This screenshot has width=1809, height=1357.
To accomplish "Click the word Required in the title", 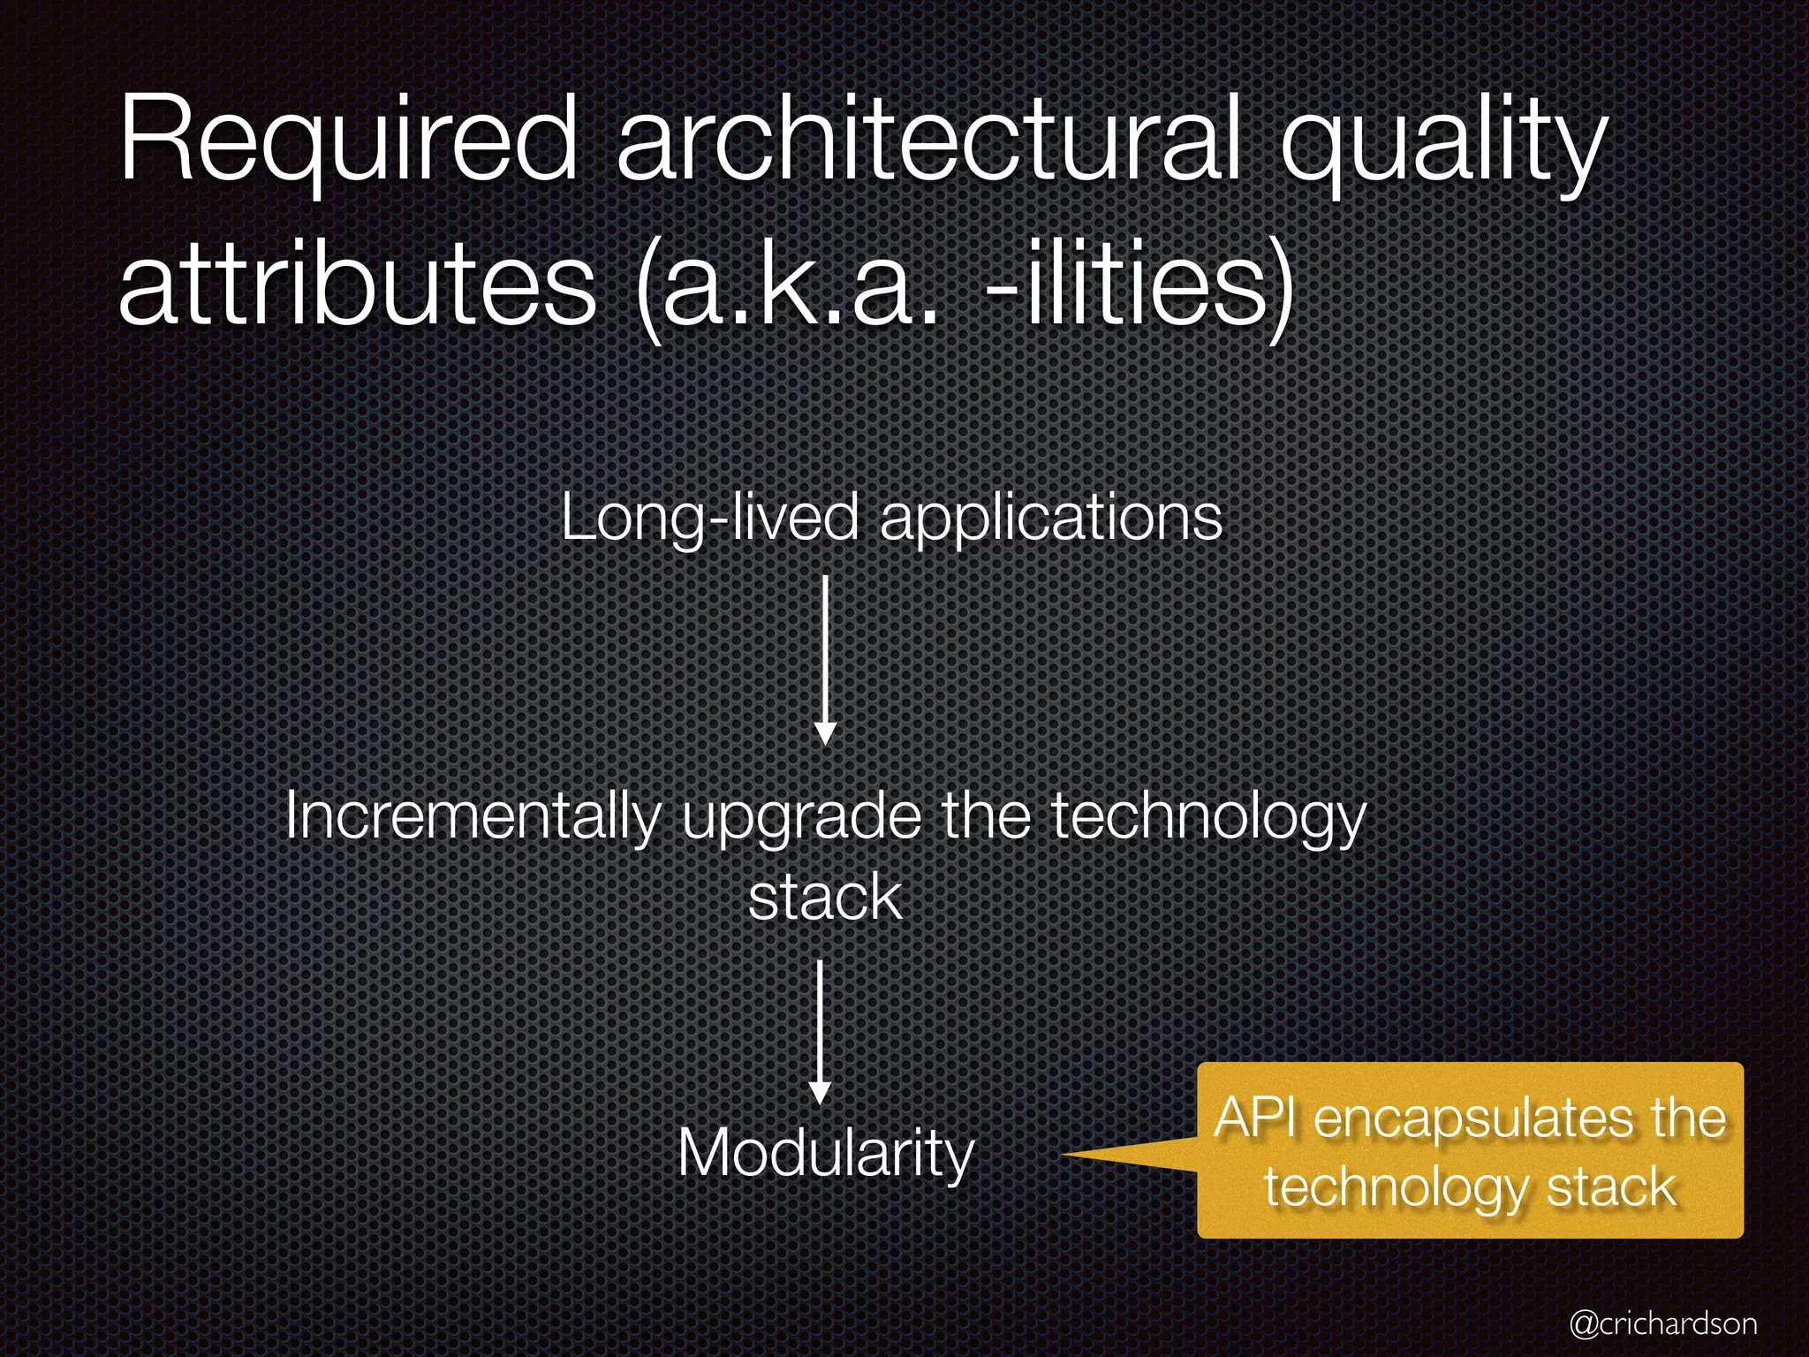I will point(348,141).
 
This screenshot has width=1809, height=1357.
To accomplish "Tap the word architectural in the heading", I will point(928,141).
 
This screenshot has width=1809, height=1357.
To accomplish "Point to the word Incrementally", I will point(473,817).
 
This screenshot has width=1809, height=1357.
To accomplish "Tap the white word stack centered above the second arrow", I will point(825,898).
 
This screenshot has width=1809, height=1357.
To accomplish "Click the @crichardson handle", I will point(1663,1323).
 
